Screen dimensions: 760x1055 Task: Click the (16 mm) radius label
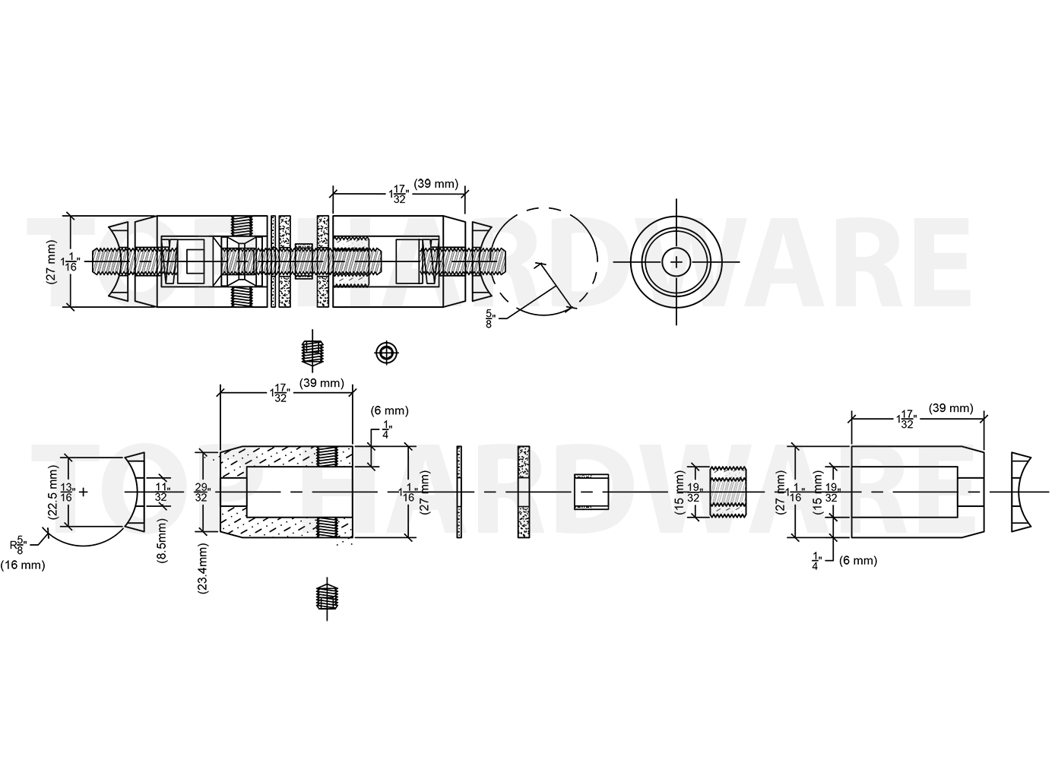click(23, 565)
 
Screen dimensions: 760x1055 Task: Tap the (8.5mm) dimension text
click(162, 541)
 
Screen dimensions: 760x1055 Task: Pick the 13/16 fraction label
click(67, 492)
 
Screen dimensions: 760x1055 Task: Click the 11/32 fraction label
click(162, 492)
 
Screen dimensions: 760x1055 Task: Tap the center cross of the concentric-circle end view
click(676, 262)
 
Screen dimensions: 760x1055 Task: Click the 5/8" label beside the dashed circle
click(491, 318)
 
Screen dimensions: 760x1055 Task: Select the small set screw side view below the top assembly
click(310, 353)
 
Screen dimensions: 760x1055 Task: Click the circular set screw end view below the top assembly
click(387, 353)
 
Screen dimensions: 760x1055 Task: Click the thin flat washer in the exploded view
click(460, 492)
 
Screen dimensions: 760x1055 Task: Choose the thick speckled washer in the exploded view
click(523, 492)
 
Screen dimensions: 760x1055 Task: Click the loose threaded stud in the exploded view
click(727, 492)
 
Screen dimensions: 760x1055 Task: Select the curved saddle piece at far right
click(1021, 492)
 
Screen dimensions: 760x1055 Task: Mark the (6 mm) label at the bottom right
click(857, 561)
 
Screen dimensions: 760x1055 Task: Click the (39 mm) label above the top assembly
click(436, 183)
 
